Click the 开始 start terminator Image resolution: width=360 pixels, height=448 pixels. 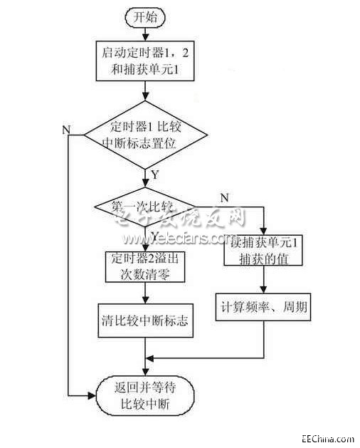[145, 17]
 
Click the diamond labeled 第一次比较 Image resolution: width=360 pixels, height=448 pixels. [146, 208]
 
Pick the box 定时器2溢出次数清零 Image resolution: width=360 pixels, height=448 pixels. [146, 266]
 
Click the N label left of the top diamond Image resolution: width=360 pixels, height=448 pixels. [66, 129]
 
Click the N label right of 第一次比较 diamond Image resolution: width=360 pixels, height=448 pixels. [226, 197]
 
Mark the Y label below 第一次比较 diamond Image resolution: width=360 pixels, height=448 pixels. [156, 234]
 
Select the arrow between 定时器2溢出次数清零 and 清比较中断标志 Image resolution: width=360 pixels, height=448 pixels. [145, 293]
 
